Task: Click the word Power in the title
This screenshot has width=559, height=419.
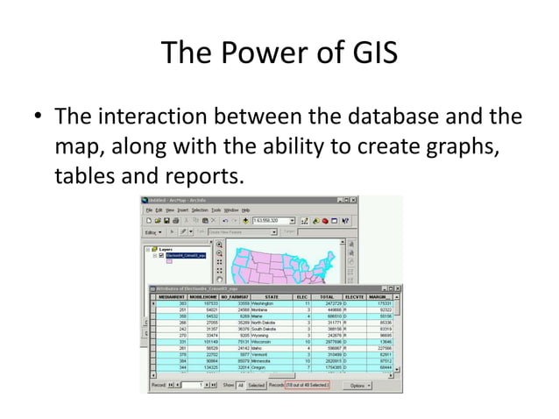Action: [x=263, y=53]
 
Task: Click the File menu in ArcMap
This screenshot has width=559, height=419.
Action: [x=149, y=210]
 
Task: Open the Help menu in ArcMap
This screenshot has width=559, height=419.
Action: [x=246, y=210]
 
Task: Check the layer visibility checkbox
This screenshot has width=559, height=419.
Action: [x=162, y=255]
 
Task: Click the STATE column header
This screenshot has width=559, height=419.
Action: [x=272, y=297]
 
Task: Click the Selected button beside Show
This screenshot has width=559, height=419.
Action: [x=256, y=385]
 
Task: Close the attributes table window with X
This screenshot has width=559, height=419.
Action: [x=398, y=288]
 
